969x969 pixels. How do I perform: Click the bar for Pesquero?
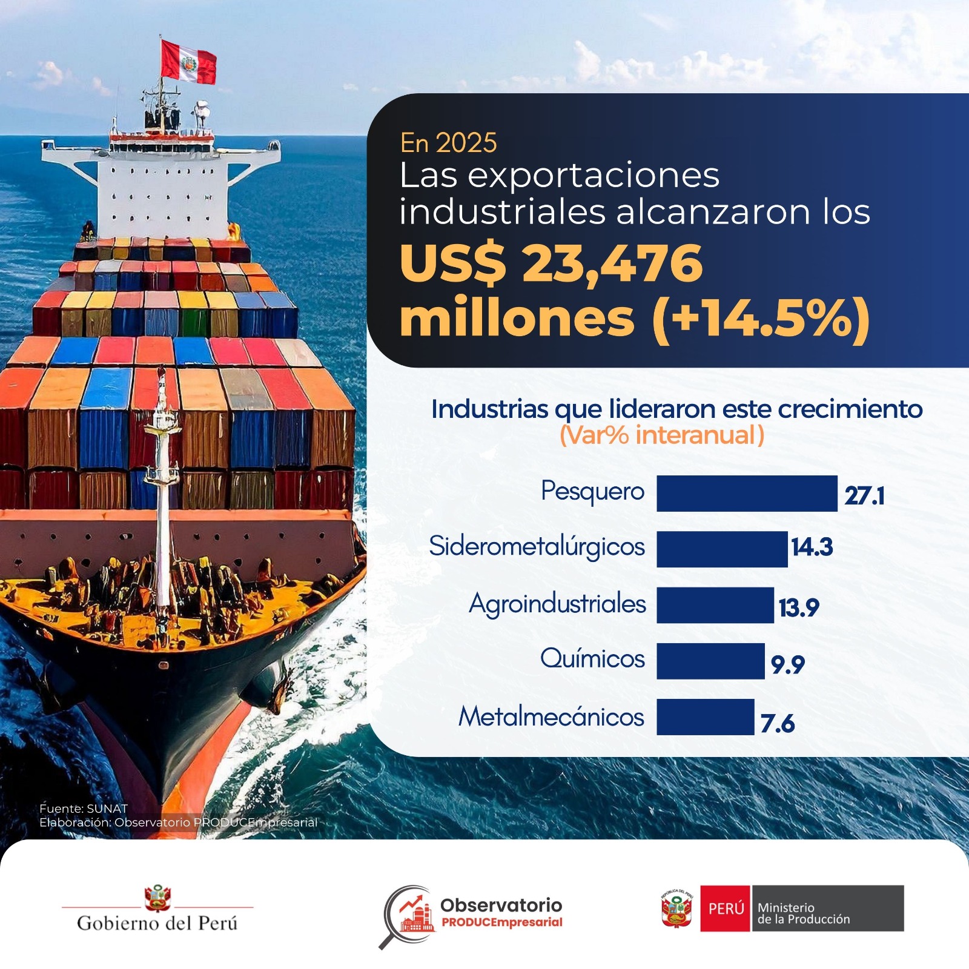point(747,494)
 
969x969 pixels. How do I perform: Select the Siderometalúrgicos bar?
point(722,549)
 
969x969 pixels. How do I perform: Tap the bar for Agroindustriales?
point(715,605)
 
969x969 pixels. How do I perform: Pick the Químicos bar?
point(710,661)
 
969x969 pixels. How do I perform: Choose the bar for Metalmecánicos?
point(706,717)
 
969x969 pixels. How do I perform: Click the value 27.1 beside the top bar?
point(864,496)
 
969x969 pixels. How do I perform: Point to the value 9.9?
point(787,665)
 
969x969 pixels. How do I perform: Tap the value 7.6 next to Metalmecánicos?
point(778,723)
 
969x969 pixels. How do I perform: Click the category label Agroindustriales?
point(557,604)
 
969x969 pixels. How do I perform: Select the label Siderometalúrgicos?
point(537,547)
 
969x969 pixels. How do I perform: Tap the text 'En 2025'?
point(448,144)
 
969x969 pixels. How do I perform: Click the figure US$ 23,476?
point(551,263)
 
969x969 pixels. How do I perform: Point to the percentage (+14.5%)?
point(761,319)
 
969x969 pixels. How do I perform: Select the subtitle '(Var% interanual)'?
point(661,435)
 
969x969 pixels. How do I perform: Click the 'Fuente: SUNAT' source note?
point(84,809)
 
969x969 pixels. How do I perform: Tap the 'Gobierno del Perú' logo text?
point(157,923)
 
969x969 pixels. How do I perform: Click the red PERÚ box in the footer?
point(726,908)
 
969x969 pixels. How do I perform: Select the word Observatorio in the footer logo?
point(501,905)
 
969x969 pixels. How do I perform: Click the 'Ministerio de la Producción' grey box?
point(827,908)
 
